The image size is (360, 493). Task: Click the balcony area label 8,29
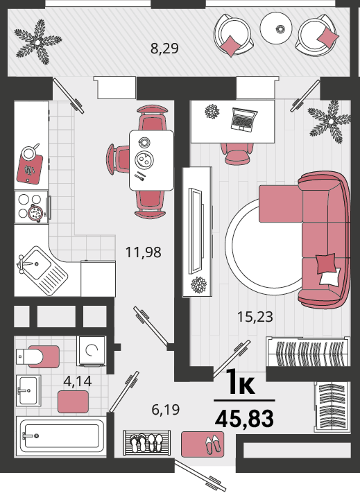tap(164, 49)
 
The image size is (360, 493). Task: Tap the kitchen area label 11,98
tap(144, 252)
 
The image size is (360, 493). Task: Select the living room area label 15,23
tap(255, 317)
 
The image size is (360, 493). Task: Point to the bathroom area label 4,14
tap(78, 381)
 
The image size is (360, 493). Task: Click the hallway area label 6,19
tap(165, 410)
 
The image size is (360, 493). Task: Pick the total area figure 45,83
tap(244, 419)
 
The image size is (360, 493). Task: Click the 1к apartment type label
tap(241, 381)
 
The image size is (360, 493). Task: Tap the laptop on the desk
tap(243, 119)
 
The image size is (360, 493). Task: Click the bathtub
tap(62, 436)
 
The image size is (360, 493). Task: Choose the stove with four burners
tap(31, 207)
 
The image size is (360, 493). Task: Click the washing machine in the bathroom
tap(92, 351)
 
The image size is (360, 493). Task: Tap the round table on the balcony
tap(276, 28)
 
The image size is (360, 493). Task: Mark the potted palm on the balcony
tap(38, 42)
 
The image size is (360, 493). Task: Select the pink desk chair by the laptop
tap(237, 153)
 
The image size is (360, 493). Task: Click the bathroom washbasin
tap(28, 390)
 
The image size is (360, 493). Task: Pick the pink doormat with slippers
tap(203, 444)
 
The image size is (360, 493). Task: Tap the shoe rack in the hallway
tap(147, 442)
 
